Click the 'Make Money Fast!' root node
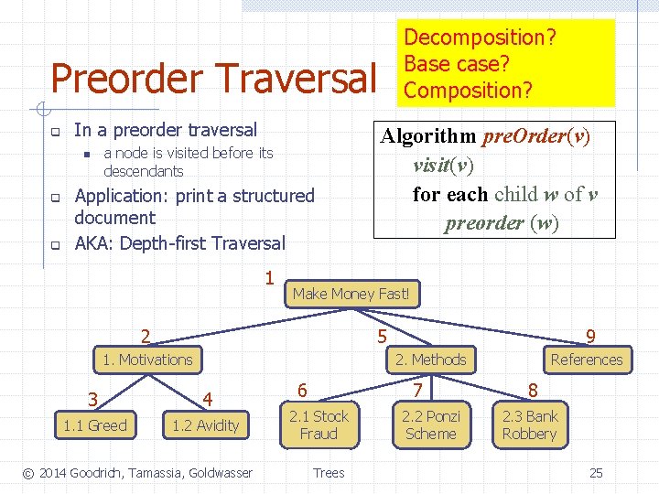tap(352, 294)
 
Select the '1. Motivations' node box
tap(147, 360)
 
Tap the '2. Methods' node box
tap(430, 360)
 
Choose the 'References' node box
tap(586, 360)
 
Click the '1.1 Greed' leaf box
tap(94, 424)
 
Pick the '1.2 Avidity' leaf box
tap(205, 424)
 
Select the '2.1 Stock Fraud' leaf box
tap(319, 424)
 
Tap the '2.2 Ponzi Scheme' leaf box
tap(430, 424)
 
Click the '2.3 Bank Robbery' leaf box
tap(529, 424)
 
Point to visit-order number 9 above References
tap(591, 338)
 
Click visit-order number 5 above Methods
tap(382, 338)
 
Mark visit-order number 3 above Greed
tap(92, 399)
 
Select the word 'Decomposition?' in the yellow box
tap(481, 38)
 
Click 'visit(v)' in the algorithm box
tap(444, 166)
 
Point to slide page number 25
tap(596, 472)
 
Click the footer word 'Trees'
tap(329, 472)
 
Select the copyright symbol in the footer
tap(28, 472)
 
